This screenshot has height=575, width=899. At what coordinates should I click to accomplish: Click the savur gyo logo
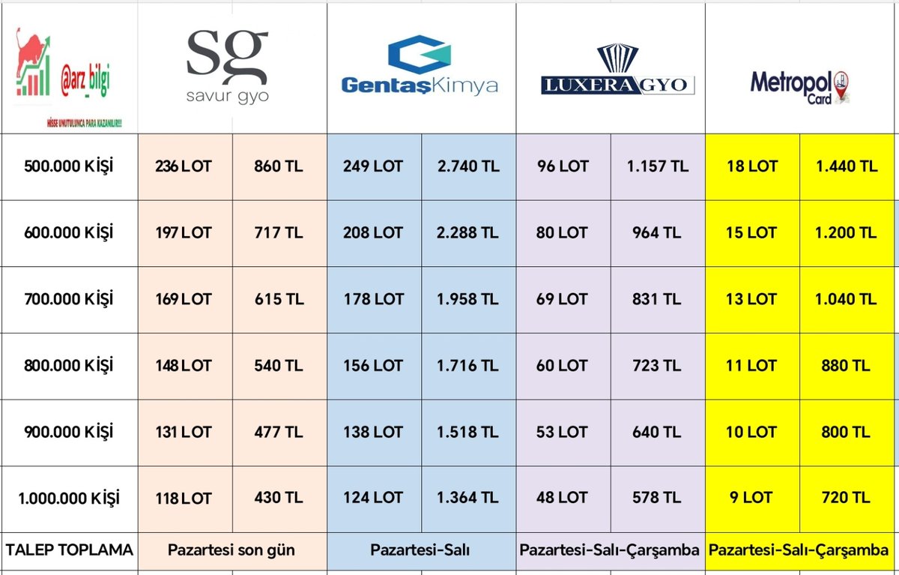point(226,65)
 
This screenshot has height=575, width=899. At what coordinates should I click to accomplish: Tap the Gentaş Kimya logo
point(420,67)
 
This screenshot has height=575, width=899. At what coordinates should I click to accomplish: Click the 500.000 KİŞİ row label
point(69,166)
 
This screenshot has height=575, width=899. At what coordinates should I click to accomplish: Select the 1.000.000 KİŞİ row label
point(69,498)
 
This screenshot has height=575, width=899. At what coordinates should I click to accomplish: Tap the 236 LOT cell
point(184,166)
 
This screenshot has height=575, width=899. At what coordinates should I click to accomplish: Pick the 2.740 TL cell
point(467,166)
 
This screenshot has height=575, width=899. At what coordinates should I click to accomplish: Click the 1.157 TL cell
point(657,166)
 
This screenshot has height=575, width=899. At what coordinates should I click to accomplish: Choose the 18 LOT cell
point(751,166)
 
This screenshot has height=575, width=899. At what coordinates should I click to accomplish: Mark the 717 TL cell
point(279,233)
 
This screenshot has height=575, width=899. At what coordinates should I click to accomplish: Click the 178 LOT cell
point(373,299)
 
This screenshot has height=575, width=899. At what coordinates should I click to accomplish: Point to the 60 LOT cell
point(562,366)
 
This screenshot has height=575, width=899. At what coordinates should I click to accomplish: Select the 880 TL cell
point(846,366)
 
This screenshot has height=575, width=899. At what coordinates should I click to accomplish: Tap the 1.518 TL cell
point(467,432)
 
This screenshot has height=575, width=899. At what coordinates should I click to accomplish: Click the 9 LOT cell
point(751,498)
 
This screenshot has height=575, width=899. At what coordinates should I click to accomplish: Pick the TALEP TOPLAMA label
point(69,550)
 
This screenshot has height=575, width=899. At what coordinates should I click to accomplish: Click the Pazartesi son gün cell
point(231,550)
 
